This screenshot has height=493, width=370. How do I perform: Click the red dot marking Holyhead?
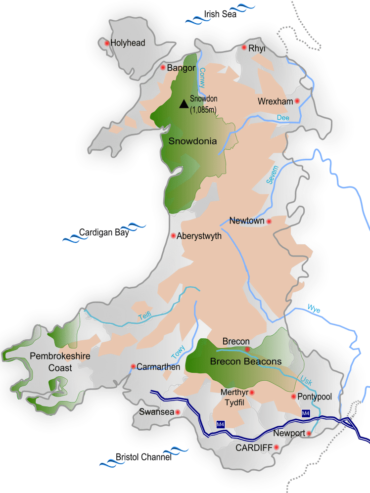pyautogui.click(x=106, y=43)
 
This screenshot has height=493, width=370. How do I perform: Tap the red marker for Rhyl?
pyautogui.click(x=244, y=47)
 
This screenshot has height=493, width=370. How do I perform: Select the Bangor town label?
pyautogui.click(x=182, y=68)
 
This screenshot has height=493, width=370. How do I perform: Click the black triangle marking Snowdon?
pyautogui.click(x=184, y=103)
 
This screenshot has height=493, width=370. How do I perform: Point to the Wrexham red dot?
pyautogui.click(x=297, y=101)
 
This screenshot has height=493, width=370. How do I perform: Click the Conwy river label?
pyautogui.click(x=202, y=78)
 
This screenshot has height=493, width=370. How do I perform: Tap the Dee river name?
pyautogui.click(x=283, y=118)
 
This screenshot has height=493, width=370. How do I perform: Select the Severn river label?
pyautogui.click(x=273, y=175)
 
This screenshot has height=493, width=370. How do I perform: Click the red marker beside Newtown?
pyautogui.click(x=269, y=222)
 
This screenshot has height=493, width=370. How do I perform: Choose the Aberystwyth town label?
pyautogui.click(x=199, y=236)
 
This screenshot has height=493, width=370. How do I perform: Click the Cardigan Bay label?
pyautogui.click(x=104, y=232)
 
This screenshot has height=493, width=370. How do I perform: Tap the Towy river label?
pyautogui.click(x=177, y=352)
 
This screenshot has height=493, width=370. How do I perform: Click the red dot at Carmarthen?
pyautogui.click(x=133, y=366)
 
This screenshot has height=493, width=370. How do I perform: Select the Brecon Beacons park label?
pyautogui.click(x=245, y=361)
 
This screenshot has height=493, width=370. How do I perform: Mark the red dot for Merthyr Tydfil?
pyautogui.click(x=252, y=393)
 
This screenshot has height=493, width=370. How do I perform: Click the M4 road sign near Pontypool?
pyautogui.click(x=306, y=413)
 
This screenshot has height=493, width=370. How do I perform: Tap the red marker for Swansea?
pyautogui.click(x=178, y=412)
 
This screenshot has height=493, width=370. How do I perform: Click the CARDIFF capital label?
pyautogui.click(x=254, y=448)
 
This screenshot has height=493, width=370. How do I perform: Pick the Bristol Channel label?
pyautogui.click(x=143, y=457)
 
